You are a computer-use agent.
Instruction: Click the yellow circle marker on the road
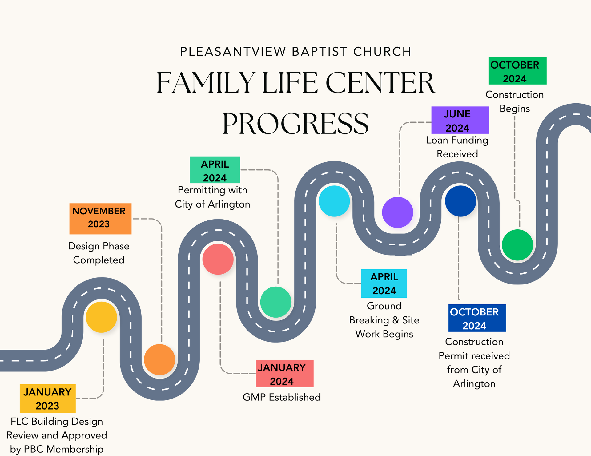point(101,317)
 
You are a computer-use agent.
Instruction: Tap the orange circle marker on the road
point(159,359)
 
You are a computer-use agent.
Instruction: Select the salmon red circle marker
point(218,259)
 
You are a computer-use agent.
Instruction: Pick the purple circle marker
point(397,212)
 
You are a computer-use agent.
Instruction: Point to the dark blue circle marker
point(460,201)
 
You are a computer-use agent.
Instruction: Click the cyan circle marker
point(334,201)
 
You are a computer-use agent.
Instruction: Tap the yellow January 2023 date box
point(48,399)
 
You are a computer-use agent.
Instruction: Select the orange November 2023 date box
point(100,219)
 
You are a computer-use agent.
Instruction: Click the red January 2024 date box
point(285,373)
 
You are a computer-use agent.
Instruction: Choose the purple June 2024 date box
point(460,120)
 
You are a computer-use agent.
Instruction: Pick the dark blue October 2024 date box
point(477,318)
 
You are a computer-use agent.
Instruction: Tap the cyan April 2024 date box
point(384,283)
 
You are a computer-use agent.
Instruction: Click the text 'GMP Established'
point(282,397)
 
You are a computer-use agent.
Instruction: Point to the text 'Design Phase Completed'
point(98,253)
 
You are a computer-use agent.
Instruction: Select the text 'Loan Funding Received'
point(457,147)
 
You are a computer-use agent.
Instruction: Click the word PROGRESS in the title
point(295,124)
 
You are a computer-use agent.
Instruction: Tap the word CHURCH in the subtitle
point(382,52)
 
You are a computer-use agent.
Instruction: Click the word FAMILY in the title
point(206,83)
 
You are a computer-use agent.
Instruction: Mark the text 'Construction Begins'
point(515,101)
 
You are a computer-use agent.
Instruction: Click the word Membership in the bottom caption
point(75,449)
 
